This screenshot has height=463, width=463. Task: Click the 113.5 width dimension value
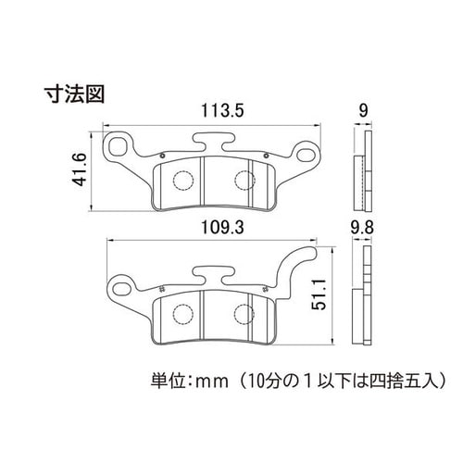coord(222,111)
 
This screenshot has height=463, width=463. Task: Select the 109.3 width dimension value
coord(222,228)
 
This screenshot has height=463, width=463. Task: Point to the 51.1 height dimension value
coord(319,294)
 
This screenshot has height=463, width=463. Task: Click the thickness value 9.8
coord(362,229)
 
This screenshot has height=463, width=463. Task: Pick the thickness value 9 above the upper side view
coord(364,111)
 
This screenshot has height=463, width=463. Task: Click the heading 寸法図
coord(75,94)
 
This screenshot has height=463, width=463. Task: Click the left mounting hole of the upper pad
coord(119,145)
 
